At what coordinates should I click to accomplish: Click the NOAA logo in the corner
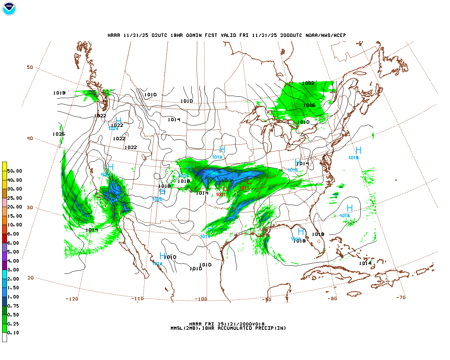[x=9, y=9]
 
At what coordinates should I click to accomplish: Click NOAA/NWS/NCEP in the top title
[x=326, y=35]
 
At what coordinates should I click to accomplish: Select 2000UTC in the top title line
[x=291, y=35]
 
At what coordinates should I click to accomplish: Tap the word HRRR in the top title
[x=114, y=35]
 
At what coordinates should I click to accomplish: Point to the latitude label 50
[x=30, y=67]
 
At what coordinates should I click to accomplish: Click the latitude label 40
[x=30, y=138]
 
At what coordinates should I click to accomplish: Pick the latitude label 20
[x=31, y=278]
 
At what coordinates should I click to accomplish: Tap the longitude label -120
[x=72, y=299]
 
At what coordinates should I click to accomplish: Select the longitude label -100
[x=201, y=299]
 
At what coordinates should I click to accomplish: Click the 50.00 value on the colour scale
[x=15, y=171]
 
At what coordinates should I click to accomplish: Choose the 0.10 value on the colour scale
[x=13, y=333]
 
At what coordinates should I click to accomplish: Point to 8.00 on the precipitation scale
[x=13, y=234]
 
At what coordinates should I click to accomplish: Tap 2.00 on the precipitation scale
[x=13, y=279]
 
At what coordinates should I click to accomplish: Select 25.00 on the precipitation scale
[x=15, y=198]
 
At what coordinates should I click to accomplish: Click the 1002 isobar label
[x=308, y=83]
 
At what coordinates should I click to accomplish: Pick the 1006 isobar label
[x=309, y=105]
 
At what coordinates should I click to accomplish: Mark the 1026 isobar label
[x=59, y=134]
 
